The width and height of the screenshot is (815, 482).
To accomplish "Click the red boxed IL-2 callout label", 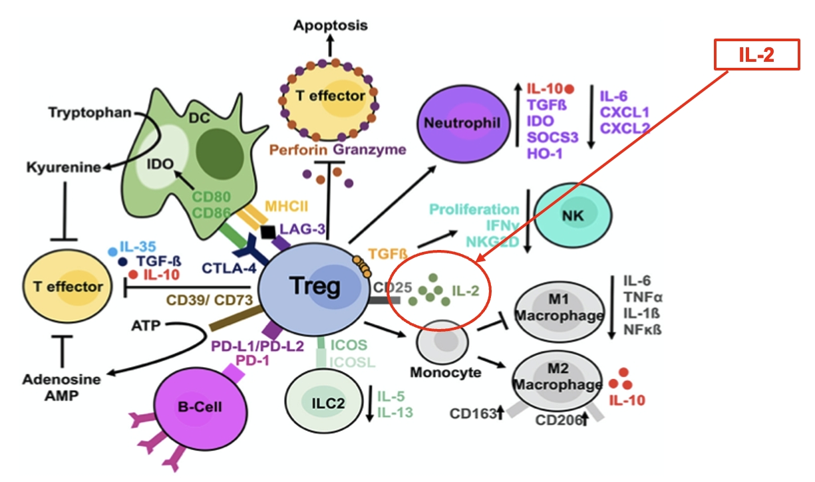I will (x=756, y=55).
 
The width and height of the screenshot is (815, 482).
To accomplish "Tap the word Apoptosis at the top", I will (x=330, y=25).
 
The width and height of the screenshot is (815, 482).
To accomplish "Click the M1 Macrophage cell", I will (x=560, y=309).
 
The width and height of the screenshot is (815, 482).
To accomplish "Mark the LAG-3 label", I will (x=303, y=229).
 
